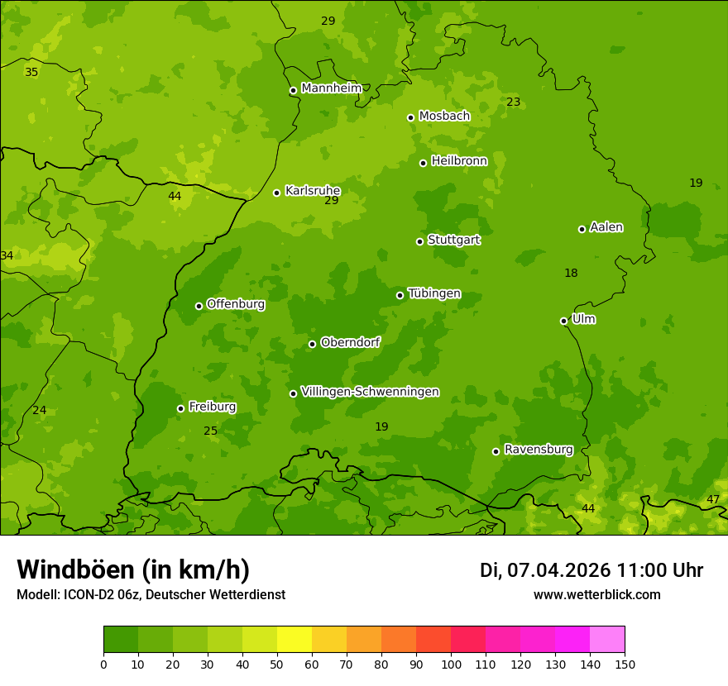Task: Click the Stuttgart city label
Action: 453,241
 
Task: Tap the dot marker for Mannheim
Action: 293,91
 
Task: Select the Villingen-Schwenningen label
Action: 370,392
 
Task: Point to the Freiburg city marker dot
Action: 180,408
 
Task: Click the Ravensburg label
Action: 539,450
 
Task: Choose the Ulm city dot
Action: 563,321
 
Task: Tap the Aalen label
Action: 606,227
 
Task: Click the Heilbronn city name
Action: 459,161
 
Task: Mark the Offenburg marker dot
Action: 199,306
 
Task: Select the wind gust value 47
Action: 713,500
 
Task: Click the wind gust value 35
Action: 31,73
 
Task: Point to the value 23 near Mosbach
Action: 514,102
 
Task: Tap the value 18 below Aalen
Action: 571,274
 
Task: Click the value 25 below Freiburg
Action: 211,431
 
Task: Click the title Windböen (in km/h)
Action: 133,569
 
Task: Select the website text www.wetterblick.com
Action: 596,595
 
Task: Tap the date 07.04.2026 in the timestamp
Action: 558,570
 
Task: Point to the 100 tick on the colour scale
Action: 451,664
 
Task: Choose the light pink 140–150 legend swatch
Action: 607,640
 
